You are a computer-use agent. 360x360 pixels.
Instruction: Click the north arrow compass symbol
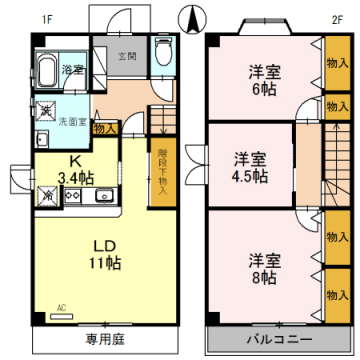pos(193,17)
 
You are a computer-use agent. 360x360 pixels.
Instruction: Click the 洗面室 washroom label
pos(73,123)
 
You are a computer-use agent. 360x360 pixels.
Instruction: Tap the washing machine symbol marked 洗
pos(45,110)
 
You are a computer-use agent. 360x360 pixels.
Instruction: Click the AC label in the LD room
pos(60,308)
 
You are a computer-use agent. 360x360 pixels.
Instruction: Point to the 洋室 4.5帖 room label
pos(251,167)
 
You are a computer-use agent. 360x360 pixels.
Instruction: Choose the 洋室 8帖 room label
pos(265,268)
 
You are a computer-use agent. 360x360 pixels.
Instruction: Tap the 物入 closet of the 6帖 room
pos(336,64)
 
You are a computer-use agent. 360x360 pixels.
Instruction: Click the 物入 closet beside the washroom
pos(105,128)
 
